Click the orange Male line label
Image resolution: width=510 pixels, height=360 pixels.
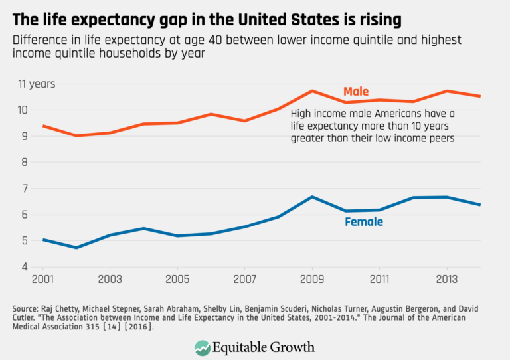(355, 92)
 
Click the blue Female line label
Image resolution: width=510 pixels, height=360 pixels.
(363, 222)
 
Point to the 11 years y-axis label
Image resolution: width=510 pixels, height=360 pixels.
(36, 84)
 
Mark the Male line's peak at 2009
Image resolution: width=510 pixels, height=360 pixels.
(312, 90)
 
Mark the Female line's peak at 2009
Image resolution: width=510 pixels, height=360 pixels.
(312, 197)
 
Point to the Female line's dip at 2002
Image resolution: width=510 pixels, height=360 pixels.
(76, 248)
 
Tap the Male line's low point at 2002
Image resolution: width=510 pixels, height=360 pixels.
(76, 135)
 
